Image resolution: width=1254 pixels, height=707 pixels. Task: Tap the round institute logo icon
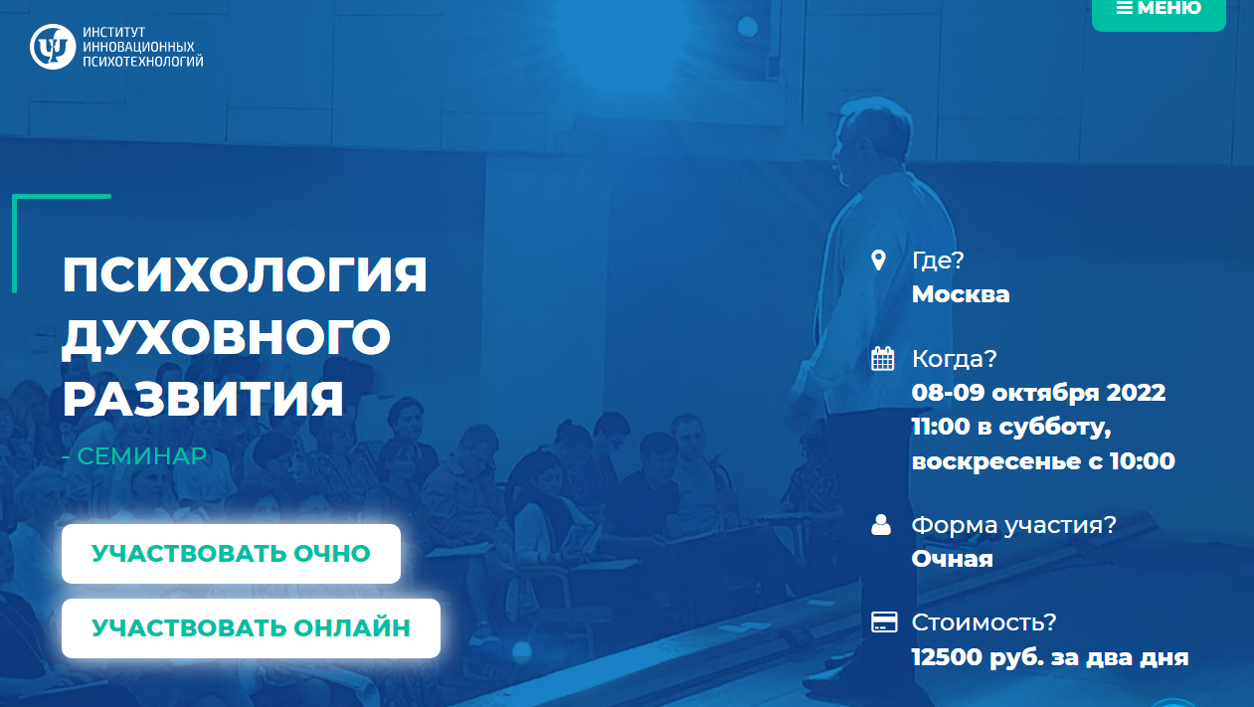52,47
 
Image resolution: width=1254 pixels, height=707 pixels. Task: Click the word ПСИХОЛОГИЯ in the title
245,275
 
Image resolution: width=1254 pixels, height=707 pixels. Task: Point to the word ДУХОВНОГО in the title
227,337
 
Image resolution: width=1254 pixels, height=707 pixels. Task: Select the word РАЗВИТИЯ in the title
203,399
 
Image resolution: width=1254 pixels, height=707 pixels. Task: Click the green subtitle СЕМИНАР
141,456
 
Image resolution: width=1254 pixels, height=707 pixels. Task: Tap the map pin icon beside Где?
878,261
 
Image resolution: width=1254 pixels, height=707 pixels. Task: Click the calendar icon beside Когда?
882,359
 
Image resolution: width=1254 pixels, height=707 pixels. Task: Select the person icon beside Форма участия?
881,525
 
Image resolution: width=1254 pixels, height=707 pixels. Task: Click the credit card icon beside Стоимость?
883,622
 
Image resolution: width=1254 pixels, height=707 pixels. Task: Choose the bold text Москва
960,294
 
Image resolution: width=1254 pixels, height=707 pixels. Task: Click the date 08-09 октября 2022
1038,392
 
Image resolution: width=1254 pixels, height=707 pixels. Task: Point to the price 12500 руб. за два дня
1049,657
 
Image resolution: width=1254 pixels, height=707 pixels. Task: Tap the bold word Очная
952,559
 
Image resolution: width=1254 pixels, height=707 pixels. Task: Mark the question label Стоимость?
984,622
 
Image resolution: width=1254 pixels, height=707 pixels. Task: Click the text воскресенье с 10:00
1043,461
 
